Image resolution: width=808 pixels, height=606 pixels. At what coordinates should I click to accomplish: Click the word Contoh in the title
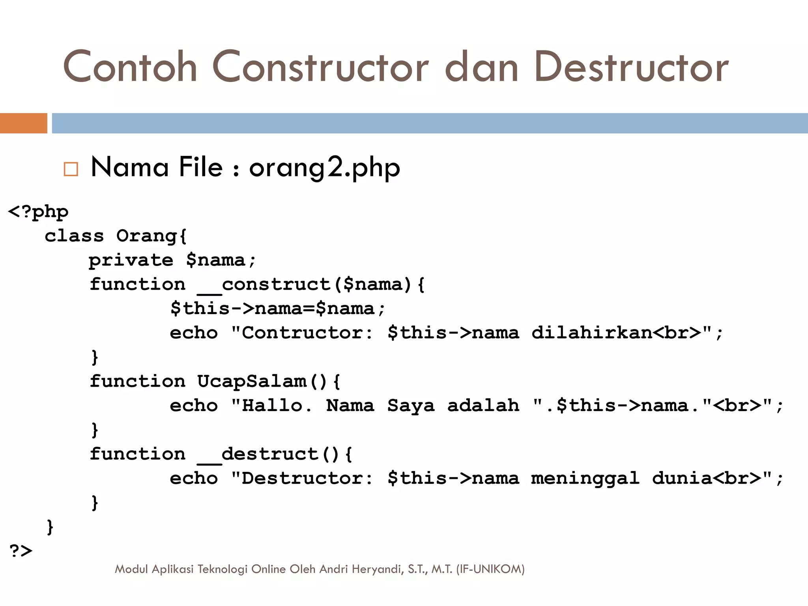coord(130,67)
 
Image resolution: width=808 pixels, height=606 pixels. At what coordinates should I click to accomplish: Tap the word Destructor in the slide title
coord(631,67)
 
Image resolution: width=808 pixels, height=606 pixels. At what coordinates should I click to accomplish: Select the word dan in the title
coord(481,67)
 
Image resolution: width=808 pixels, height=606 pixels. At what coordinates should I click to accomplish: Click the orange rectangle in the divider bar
coord(24,123)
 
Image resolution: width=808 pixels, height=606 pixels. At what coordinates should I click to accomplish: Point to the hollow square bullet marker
coord(71,169)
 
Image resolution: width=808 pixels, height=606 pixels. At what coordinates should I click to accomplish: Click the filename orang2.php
coord(324,168)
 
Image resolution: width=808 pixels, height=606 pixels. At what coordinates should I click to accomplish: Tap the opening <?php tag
coord(38,212)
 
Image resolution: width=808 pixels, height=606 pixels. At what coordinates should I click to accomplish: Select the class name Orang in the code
coord(146,236)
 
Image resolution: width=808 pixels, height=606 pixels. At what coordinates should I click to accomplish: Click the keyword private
coord(131,260)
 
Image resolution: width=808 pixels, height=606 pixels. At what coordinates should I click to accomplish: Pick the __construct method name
coord(264,285)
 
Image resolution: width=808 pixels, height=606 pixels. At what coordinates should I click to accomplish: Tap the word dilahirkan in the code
coord(591,333)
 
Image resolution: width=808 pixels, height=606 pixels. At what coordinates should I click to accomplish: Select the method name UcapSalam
coord(252,382)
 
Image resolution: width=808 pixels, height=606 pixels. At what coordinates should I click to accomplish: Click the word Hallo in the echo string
coord(272,406)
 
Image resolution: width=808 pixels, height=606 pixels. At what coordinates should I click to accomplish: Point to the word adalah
coord(483,406)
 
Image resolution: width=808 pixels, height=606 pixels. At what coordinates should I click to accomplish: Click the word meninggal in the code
coord(585,479)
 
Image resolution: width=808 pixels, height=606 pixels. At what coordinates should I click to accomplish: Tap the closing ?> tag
coord(21,551)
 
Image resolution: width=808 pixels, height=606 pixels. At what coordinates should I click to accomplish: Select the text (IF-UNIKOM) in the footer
coord(490,569)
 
